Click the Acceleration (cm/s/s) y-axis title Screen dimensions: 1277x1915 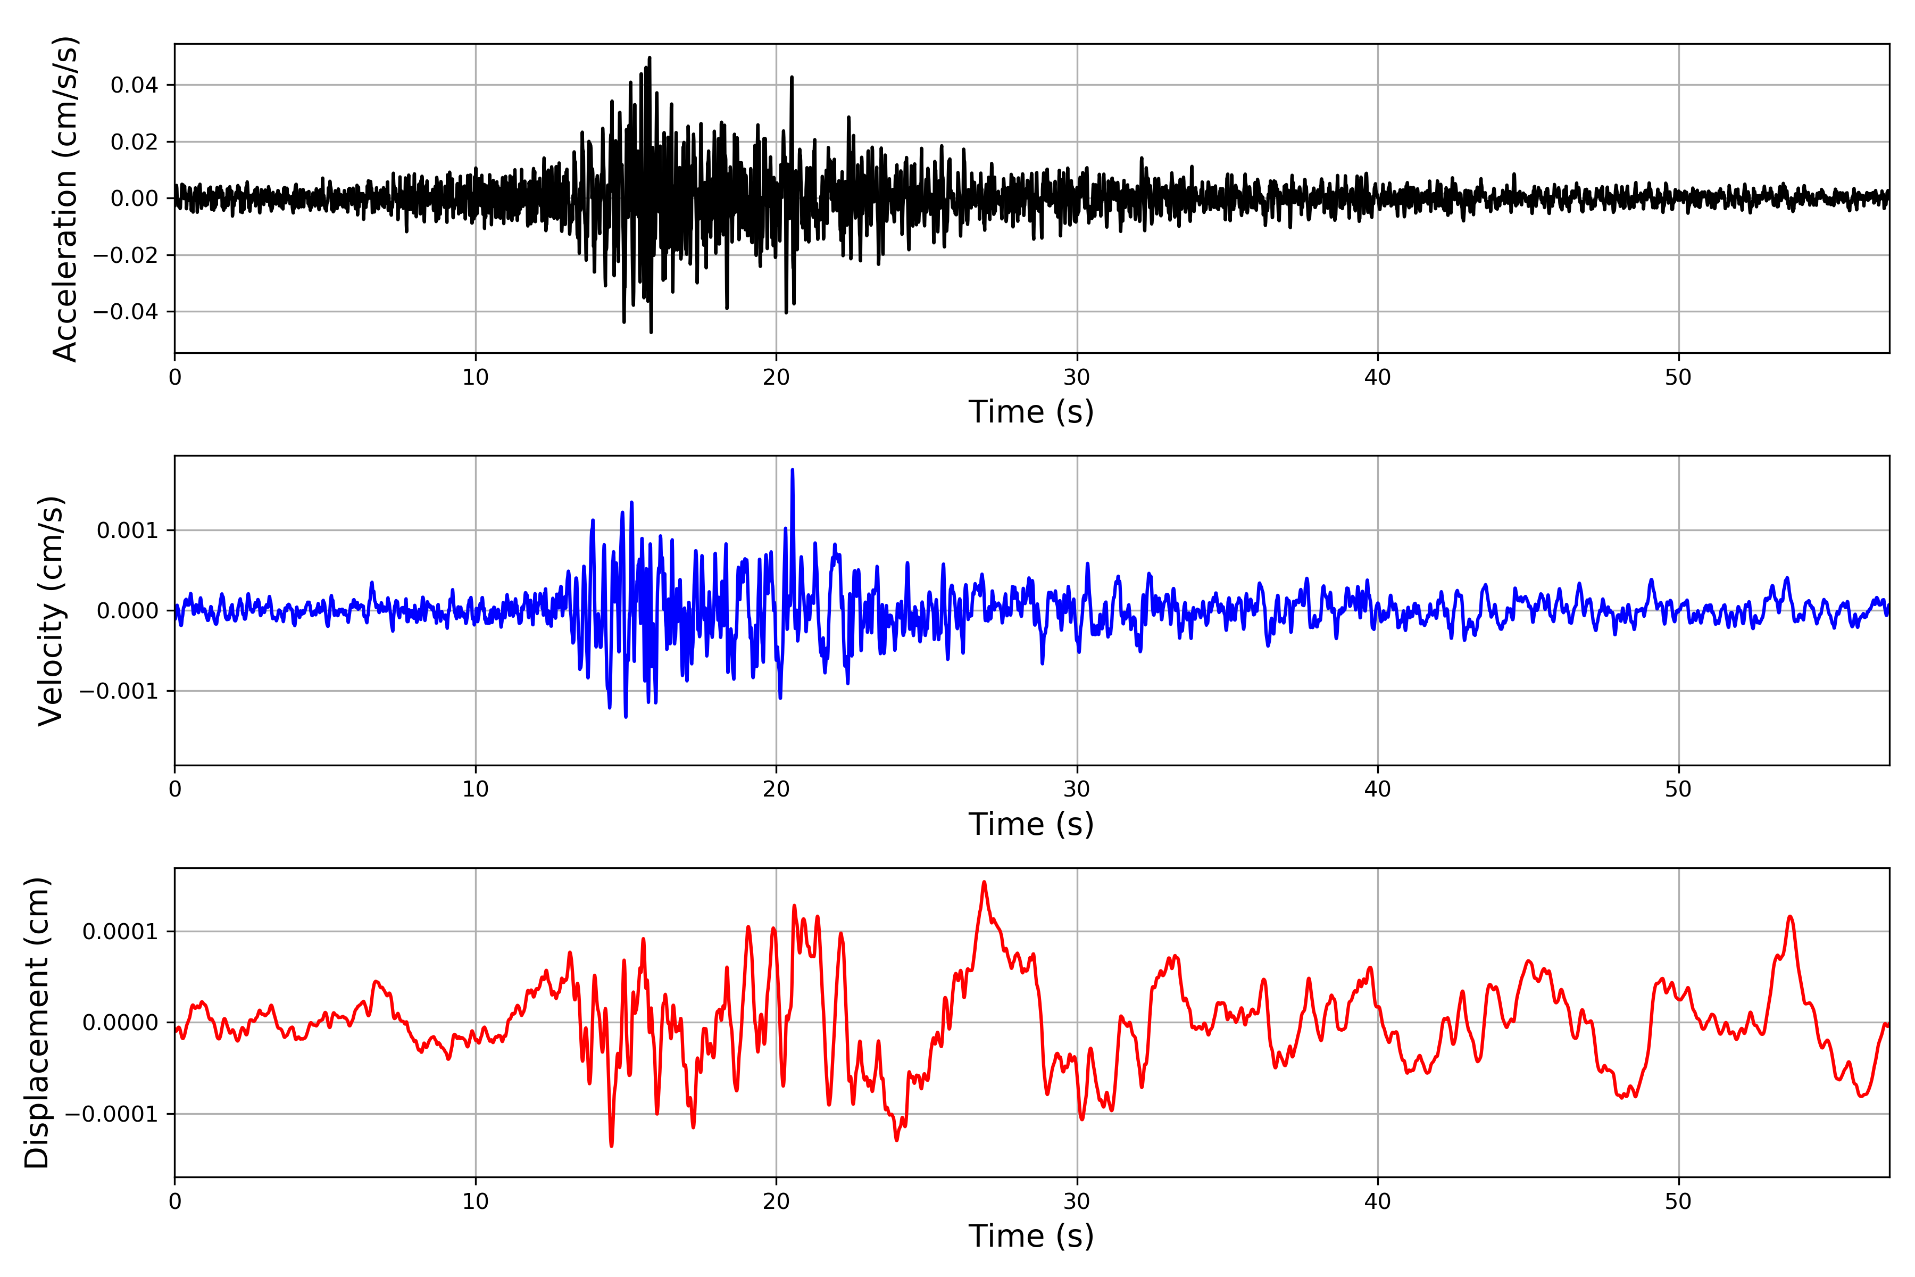click(x=65, y=198)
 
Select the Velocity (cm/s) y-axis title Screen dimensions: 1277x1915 click(x=51, y=611)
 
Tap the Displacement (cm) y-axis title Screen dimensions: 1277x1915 click(x=37, y=1023)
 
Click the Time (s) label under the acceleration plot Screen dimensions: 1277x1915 click(x=1031, y=412)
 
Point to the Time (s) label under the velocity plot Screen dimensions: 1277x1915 click(x=1031, y=824)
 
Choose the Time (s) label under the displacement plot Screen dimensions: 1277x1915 click(x=1031, y=1236)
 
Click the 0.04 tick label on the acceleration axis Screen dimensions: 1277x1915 click(x=135, y=86)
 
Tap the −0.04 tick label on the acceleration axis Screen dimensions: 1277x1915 click(x=126, y=312)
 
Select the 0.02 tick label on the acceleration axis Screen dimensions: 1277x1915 click(x=135, y=143)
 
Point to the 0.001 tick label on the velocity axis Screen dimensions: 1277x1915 click(x=127, y=531)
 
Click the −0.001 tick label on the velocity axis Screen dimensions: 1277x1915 click(x=119, y=691)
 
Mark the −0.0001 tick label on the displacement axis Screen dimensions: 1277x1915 click(x=112, y=1114)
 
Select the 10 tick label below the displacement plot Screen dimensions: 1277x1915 click(x=476, y=1201)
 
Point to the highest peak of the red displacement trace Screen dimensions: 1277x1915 click(x=985, y=882)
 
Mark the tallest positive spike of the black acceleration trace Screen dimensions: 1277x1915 click(x=649, y=58)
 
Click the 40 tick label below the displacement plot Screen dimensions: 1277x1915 click(x=1378, y=1201)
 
